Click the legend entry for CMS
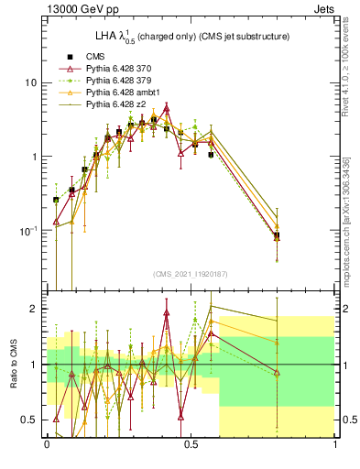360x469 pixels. coord(96,57)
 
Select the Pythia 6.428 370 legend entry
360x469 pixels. coord(121,69)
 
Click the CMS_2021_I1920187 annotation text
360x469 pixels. coord(191,273)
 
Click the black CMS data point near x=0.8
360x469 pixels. coord(277,235)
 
